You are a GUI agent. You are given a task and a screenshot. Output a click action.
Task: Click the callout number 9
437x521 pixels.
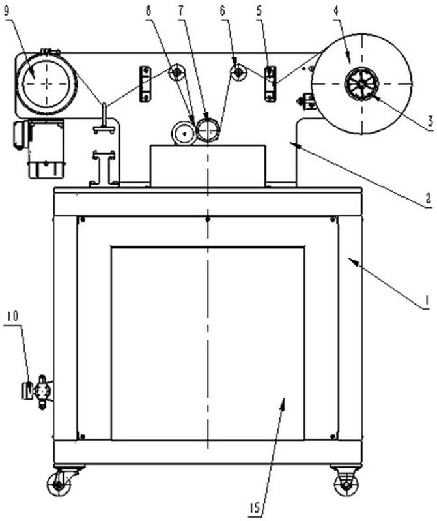[x=7, y=11]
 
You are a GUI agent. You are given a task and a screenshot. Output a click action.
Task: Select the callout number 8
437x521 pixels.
[x=148, y=11]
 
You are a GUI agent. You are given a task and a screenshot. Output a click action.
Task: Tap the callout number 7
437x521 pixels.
[x=181, y=11]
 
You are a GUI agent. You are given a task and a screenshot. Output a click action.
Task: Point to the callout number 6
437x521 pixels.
[x=222, y=11]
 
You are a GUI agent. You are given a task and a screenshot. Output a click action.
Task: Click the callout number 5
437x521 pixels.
[x=259, y=11]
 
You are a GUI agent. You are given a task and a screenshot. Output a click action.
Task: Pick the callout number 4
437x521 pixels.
[x=336, y=11]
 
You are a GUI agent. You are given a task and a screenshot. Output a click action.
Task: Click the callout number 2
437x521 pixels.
[x=429, y=198]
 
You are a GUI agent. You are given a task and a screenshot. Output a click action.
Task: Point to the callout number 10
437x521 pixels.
[x=12, y=316]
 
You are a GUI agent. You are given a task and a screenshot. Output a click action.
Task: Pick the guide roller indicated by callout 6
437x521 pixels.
[x=238, y=72]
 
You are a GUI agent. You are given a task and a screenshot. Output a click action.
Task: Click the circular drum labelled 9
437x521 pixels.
[x=46, y=83]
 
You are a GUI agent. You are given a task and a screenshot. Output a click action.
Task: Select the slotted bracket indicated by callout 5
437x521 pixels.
[x=270, y=83]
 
